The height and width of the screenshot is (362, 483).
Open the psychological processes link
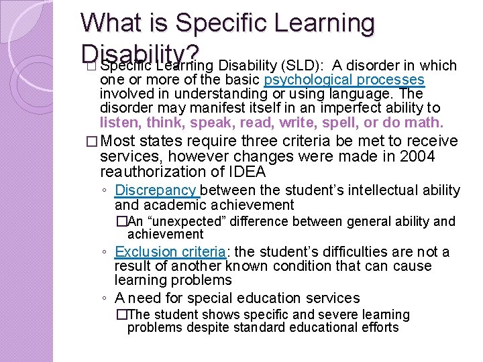344,80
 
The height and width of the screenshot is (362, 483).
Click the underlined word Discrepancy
157,191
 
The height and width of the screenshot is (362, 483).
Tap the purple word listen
119,123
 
